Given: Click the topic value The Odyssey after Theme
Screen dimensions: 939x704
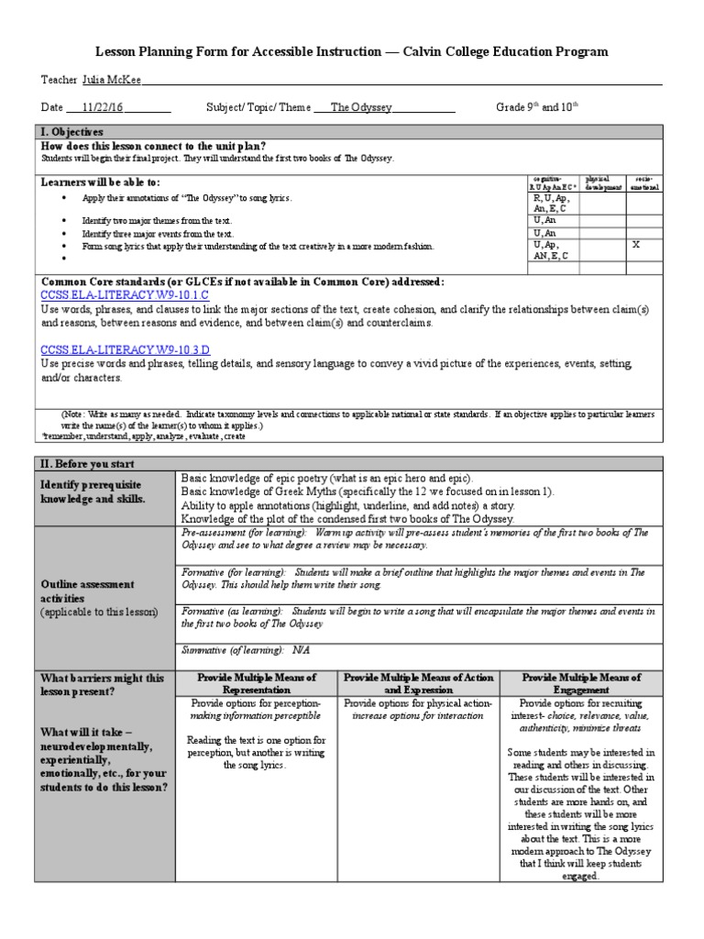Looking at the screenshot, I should (x=361, y=107).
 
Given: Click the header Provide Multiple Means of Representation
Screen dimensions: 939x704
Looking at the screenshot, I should (x=258, y=683).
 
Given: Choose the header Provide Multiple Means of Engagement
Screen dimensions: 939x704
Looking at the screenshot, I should (x=581, y=683).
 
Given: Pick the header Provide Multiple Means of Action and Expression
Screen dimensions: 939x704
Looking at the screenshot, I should (x=418, y=683).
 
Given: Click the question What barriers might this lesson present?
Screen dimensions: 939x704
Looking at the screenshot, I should (x=102, y=685).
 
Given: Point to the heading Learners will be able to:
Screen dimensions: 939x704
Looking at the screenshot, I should (x=100, y=182).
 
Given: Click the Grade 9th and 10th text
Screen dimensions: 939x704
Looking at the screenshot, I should (x=538, y=107).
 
